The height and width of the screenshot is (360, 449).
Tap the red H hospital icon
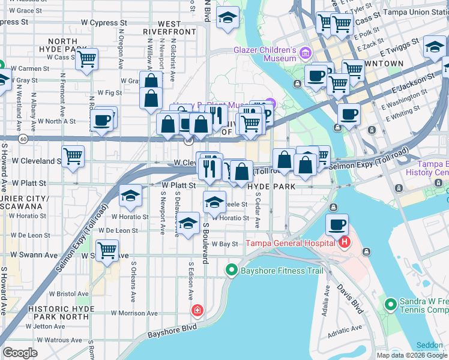click(344, 242)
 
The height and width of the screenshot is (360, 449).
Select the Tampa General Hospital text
click(291, 243)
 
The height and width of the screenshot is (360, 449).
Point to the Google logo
click(20, 353)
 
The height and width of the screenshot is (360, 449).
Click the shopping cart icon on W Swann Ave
click(107, 250)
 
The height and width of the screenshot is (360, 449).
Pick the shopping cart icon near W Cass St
click(87, 59)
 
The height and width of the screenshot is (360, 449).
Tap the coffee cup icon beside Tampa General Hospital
click(337, 225)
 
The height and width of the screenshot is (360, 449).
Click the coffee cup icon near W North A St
click(102, 119)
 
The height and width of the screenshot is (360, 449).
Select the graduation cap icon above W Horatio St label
click(130, 196)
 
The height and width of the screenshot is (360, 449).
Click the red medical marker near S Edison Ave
click(197, 310)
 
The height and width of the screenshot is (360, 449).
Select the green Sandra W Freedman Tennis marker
click(391, 305)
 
